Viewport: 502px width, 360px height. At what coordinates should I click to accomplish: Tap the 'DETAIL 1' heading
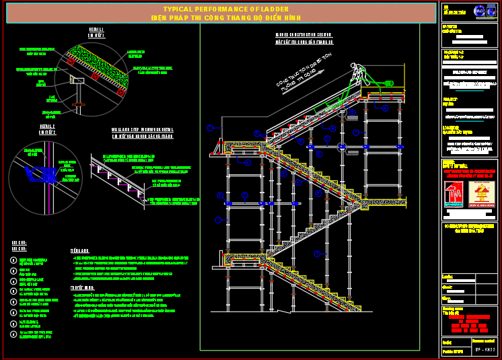coord(96,30)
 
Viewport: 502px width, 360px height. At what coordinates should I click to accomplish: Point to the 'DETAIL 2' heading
coord(47,126)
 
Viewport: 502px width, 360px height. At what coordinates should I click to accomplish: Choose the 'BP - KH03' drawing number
coord(485,350)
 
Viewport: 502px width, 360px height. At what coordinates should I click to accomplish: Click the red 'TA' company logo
coord(455,194)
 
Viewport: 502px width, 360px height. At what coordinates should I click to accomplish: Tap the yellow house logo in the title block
coord(481,194)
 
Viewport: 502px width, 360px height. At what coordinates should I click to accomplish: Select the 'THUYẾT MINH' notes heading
coord(82,287)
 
